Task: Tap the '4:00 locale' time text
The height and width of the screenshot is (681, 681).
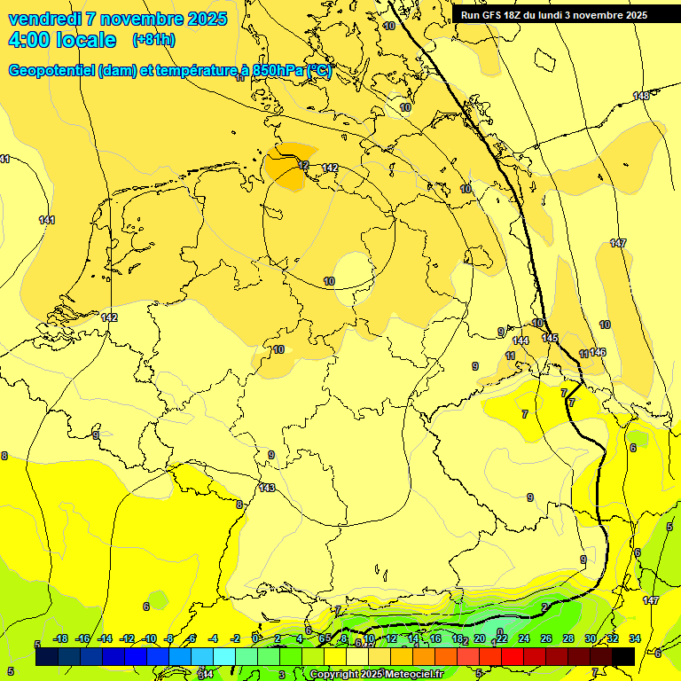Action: pyautogui.click(x=62, y=40)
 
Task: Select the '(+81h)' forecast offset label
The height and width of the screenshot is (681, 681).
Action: pyautogui.click(x=153, y=40)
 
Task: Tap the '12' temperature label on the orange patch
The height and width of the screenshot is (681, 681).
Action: pyautogui.click(x=303, y=166)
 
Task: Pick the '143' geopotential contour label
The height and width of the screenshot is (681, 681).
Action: pyautogui.click(x=267, y=489)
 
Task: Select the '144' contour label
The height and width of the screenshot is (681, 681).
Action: pyautogui.click(x=521, y=340)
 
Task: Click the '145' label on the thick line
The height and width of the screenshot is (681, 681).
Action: pyautogui.click(x=550, y=338)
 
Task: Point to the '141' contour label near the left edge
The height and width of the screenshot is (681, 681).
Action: pyautogui.click(x=47, y=220)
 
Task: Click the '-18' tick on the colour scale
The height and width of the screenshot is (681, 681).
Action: pyautogui.click(x=60, y=639)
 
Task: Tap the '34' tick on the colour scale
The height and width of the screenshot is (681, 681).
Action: pyautogui.click(x=635, y=639)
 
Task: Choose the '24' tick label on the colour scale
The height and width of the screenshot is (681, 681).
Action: pyautogui.click(x=524, y=639)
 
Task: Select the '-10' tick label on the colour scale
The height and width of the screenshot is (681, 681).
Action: pyautogui.click(x=150, y=639)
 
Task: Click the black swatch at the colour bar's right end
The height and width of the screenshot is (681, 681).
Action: pyautogui.click(x=623, y=657)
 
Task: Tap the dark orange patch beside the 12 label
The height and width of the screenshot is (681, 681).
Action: pyautogui.click(x=288, y=174)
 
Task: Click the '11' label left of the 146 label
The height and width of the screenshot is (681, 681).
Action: pyautogui.click(x=583, y=354)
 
